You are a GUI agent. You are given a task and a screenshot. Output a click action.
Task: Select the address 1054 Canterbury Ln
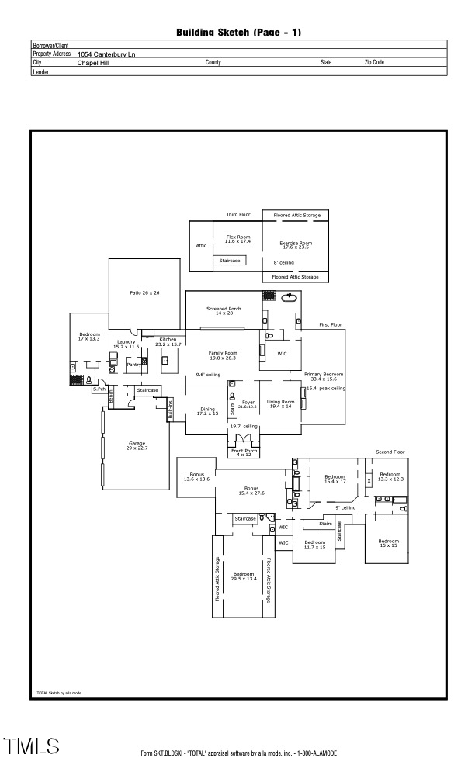tap(107, 54)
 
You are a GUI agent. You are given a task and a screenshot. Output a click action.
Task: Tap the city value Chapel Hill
tap(93, 62)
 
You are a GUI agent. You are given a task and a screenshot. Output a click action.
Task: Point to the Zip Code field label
tap(373, 62)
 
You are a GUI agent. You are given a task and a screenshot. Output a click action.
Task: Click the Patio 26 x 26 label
tap(144, 293)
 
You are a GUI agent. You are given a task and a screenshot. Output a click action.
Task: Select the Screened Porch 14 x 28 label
tap(224, 310)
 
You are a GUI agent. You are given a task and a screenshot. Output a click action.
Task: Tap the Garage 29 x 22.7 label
tap(137, 446)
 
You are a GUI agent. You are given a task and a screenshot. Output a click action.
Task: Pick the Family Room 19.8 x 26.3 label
tap(222, 355)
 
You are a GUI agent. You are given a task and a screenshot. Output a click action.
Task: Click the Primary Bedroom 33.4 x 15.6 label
tap(323, 375)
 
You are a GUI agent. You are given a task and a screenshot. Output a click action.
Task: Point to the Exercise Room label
tap(295, 245)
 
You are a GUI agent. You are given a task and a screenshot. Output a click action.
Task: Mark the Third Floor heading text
tap(238, 214)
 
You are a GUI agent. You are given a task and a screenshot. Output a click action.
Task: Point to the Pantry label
tap(133, 364)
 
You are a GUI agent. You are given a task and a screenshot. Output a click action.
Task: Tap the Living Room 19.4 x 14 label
tap(279, 403)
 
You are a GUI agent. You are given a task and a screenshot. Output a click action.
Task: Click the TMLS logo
tap(33, 746)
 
